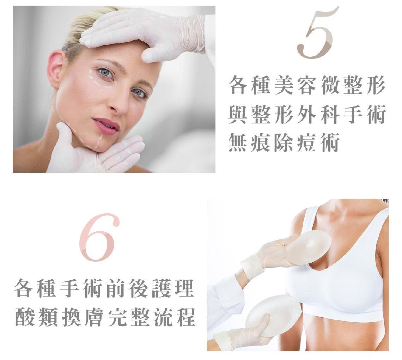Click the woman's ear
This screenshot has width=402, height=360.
55,69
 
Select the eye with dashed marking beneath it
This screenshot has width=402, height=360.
105,73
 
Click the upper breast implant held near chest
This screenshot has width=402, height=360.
307,248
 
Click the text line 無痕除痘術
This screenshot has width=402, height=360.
284,142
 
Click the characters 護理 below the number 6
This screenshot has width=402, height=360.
173,288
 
